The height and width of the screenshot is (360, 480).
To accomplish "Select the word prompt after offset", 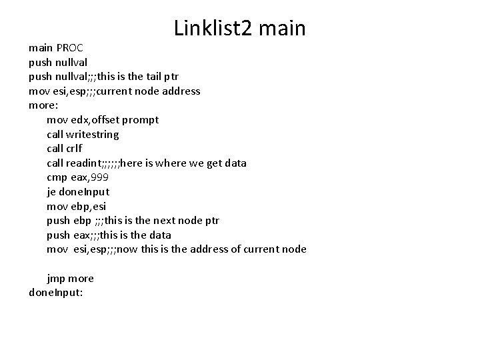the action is click(140, 120).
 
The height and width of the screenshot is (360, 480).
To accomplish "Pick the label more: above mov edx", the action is click(42, 105).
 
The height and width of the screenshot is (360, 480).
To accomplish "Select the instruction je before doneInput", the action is click(52, 192).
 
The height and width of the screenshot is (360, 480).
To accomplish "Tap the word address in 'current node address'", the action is click(181, 91).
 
